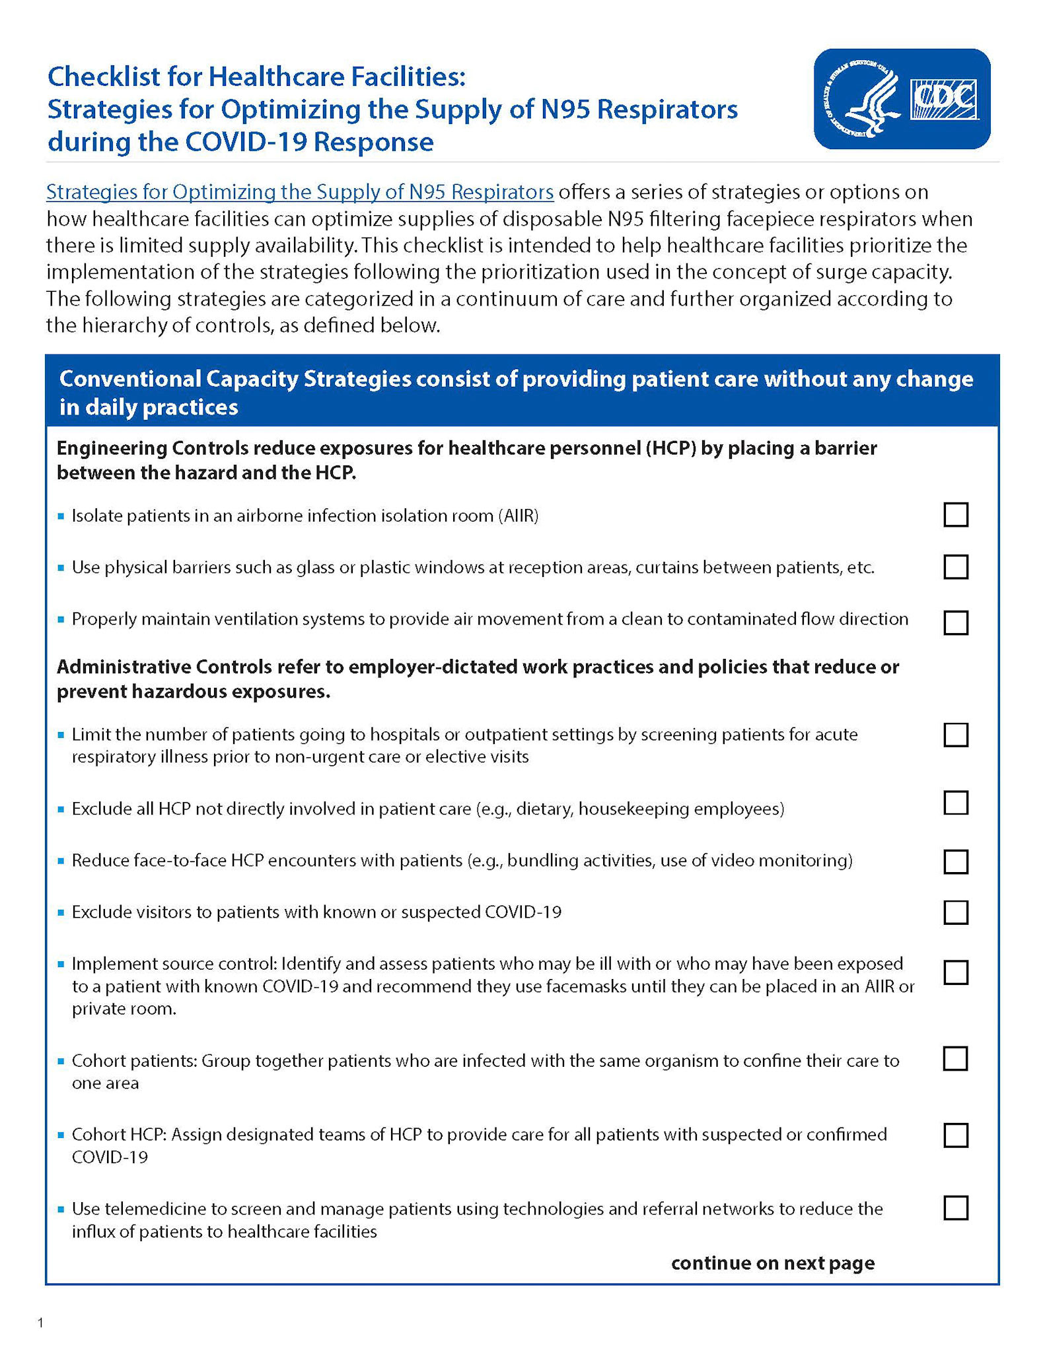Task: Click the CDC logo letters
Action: (944, 99)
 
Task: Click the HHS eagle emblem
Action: (863, 99)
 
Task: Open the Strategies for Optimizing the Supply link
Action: (299, 192)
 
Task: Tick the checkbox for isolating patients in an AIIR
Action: (956, 515)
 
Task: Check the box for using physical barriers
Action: (956, 567)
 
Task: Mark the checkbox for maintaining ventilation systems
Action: (956, 623)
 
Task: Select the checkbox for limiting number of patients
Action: (956, 735)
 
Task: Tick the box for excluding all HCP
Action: (956, 803)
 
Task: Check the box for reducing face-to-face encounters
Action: (956, 862)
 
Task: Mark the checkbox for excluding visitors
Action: (956, 912)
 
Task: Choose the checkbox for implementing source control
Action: (956, 972)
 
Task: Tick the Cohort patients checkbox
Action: (956, 1058)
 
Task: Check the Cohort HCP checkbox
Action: (956, 1135)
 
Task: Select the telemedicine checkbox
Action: (956, 1208)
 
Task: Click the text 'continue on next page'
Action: (772, 1263)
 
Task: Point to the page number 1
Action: (41, 1322)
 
